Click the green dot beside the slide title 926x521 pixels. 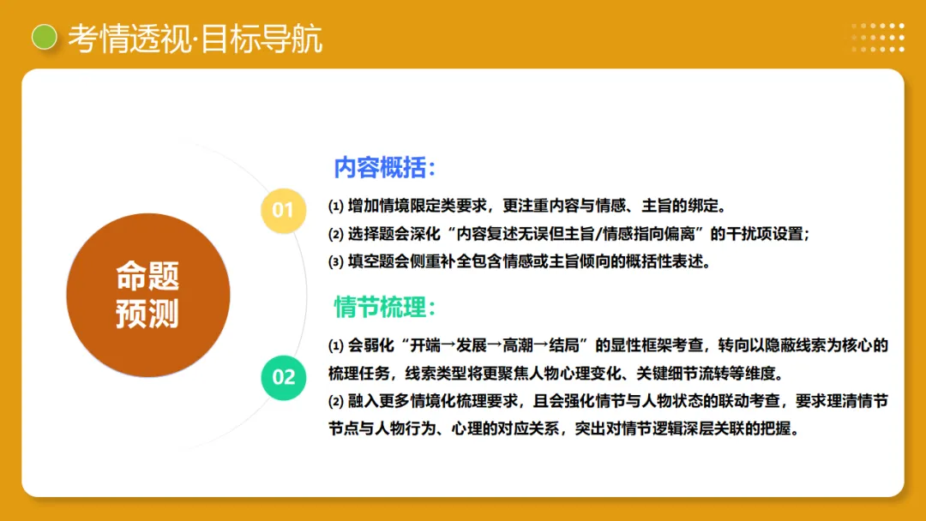[x=43, y=37]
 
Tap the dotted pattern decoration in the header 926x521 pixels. [x=877, y=37]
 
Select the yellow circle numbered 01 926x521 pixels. [x=283, y=210]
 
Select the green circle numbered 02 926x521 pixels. [x=283, y=376]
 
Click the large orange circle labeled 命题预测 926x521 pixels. [x=147, y=295]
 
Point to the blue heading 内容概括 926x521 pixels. [x=385, y=167]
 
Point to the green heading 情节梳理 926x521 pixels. [x=385, y=307]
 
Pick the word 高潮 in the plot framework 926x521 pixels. [x=514, y=346]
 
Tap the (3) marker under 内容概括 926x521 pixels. [x=336, y=261]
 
